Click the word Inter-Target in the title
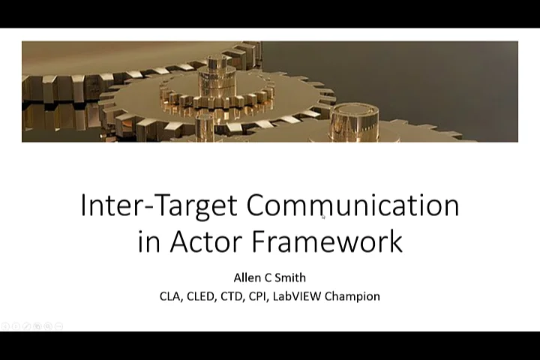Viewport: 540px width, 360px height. [x=159, y=205]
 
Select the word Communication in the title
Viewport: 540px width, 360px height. [x=352, y=205]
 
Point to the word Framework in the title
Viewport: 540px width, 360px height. [x=327, y=241]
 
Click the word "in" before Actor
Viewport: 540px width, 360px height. [x=148, y=241]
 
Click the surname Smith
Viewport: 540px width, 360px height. [x=290, y=277]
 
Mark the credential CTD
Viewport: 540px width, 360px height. [x=230, y=296]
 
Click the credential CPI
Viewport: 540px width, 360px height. [x=256, y=296]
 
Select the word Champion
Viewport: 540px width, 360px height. [x=352, y=296]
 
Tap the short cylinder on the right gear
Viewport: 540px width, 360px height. [x=353, y=120]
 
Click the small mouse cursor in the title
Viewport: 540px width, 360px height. [x=323, y=217]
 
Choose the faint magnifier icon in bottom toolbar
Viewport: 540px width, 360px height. [x=48, y=325]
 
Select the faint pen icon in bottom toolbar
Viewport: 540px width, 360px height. [x=26, y=325]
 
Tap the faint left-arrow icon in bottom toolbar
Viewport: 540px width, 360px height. [x=5, y=325]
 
